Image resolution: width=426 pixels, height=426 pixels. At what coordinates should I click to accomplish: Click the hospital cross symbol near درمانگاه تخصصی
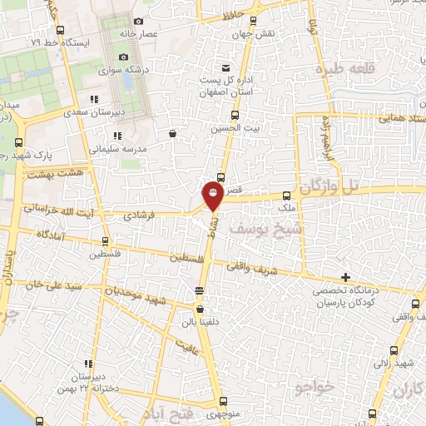(345, 277)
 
